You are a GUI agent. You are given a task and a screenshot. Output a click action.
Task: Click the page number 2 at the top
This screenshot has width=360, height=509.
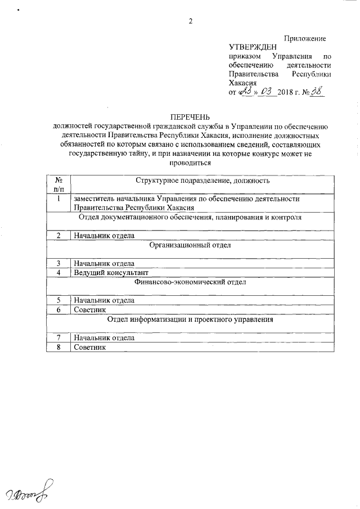point(190,22)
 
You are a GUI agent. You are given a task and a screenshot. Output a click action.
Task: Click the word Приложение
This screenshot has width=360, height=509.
point(305,38)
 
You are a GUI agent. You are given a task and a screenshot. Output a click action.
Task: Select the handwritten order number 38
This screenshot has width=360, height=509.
point(318,90)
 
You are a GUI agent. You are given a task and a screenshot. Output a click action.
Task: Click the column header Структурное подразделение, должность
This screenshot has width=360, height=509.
point(202,181)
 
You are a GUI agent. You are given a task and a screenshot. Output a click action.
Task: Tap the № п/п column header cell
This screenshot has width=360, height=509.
point(58,185)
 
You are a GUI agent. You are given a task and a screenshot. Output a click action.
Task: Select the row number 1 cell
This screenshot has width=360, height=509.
point(58,198)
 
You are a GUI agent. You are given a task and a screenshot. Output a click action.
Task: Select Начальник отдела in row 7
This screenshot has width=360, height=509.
point(103,338)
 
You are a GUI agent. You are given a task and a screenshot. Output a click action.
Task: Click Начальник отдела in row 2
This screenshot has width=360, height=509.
point(103,236)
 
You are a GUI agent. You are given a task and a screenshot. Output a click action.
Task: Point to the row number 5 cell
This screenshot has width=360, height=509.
point(58,301)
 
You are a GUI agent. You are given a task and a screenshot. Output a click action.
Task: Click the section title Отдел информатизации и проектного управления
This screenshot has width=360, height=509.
point(190,319)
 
